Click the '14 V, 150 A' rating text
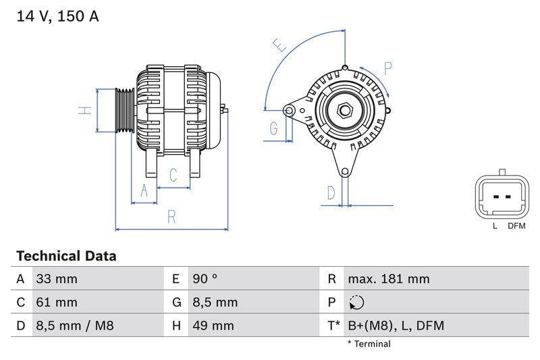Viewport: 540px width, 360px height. (57, 17)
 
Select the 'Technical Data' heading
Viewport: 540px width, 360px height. (66, 256)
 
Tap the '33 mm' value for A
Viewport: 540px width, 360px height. (57, 279)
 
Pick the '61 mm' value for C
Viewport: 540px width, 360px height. (57, 302)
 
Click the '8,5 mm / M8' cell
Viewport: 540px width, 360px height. (74, 326)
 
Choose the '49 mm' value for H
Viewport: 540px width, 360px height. (213, 326)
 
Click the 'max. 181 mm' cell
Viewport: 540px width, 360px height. (388, 279)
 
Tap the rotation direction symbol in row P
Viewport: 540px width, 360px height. (357, 303)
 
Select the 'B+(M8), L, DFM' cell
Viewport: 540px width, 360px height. (396, 326)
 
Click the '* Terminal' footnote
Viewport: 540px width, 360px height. (369, 344)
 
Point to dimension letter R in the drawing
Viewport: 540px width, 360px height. (171, 217)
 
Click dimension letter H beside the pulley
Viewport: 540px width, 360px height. (84, 110)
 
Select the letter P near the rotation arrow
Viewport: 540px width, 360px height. (388, 68)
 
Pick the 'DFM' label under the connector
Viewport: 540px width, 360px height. (516, 226)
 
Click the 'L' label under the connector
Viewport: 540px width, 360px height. (495, 226)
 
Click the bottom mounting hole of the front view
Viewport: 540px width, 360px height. (345, 172)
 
